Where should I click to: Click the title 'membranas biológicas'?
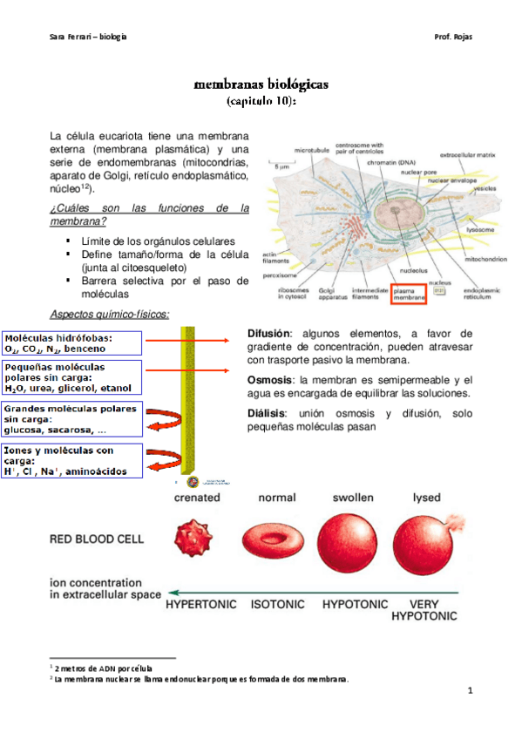(261, 85)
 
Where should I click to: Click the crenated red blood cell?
(196, 546)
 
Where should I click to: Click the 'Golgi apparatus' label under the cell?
(329, 293)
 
